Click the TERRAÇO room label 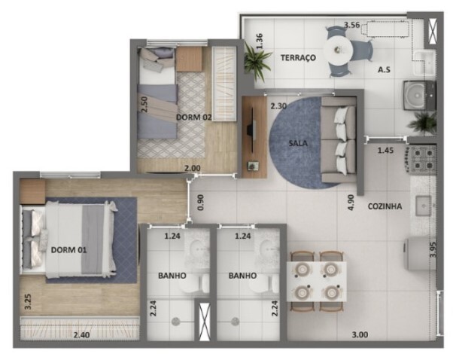[x=297, y=58]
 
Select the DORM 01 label [x=68, y=250]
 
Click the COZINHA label [x=385, y=206]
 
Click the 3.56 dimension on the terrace [x=351, y=25]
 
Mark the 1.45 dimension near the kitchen [x=385, y=151]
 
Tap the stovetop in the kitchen [x=421, y=158]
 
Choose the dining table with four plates [x=317, y=277]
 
